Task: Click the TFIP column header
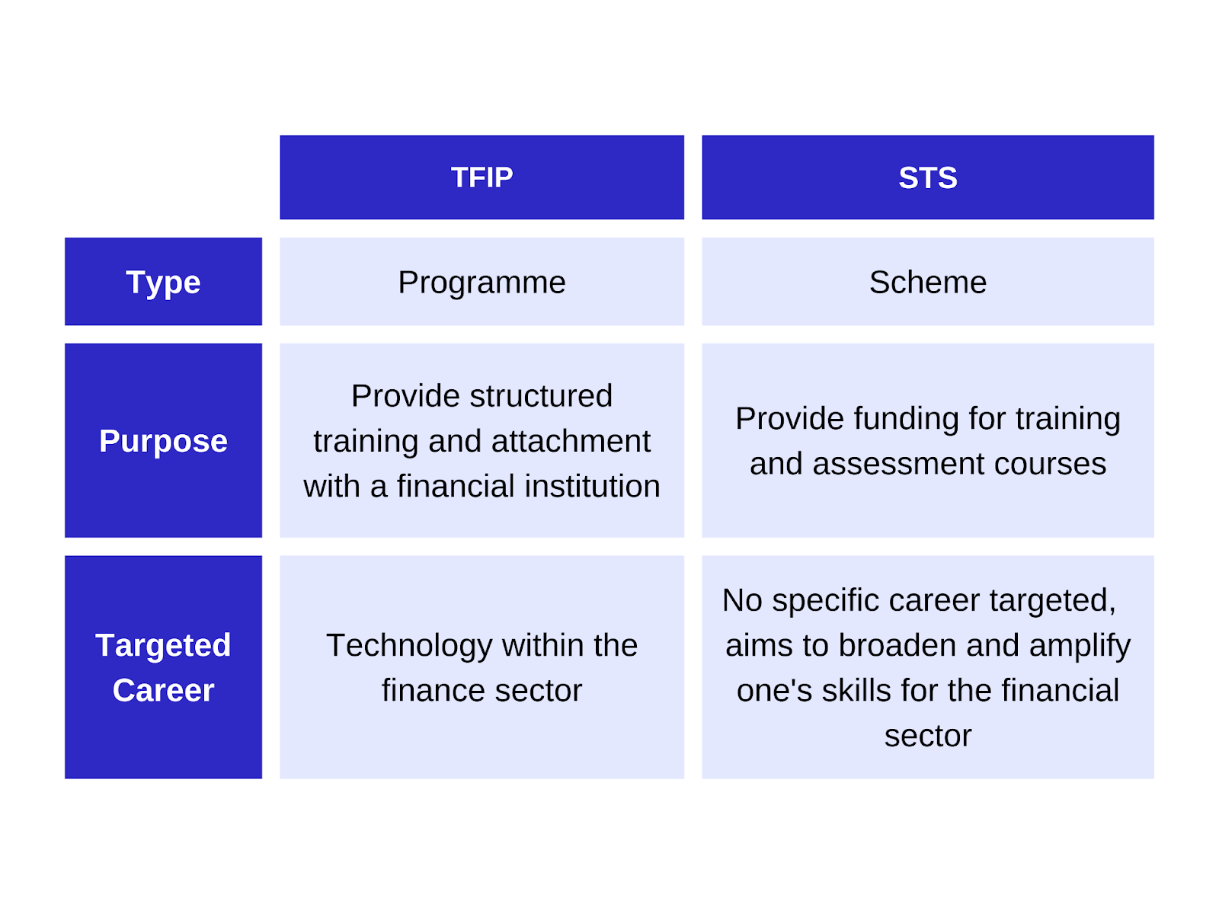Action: [482, 177]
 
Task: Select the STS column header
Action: [927, 177]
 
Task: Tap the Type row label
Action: [163, 281]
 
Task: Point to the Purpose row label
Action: [163, 440]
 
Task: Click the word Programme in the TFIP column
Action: [482, 283]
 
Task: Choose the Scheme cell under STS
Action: [927, 281]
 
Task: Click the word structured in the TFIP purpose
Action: [541, 395]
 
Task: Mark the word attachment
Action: [571, 441]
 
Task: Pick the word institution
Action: [592, 486]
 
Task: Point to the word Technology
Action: [409, 646]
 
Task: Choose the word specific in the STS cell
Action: [825, 601]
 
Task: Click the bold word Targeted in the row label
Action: [163, 646]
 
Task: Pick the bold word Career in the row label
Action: [163, 690]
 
